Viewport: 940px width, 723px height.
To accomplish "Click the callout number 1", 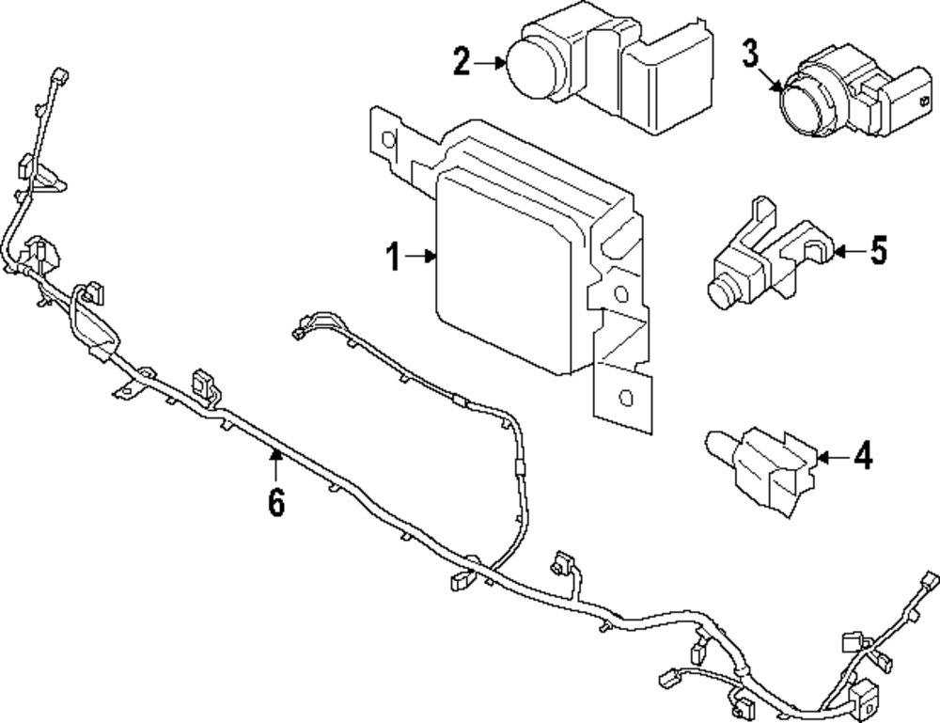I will [393, 256].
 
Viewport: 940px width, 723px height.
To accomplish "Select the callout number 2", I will [461, 62].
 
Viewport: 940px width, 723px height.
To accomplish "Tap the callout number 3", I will [749, 54].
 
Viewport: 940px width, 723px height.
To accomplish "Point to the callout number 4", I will [862, 457].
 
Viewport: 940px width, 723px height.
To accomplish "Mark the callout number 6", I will [275, 503].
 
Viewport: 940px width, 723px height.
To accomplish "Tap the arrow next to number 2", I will [490, 63].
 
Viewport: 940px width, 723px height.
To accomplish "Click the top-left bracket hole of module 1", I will [385, 138].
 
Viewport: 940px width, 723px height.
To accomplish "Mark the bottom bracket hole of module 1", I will [623, 397].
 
